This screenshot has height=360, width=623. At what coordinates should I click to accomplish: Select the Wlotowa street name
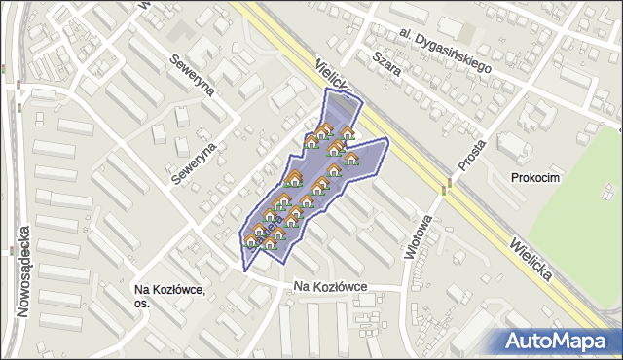pos(414,234)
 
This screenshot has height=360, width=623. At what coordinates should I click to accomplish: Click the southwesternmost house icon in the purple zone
pos(250,240)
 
